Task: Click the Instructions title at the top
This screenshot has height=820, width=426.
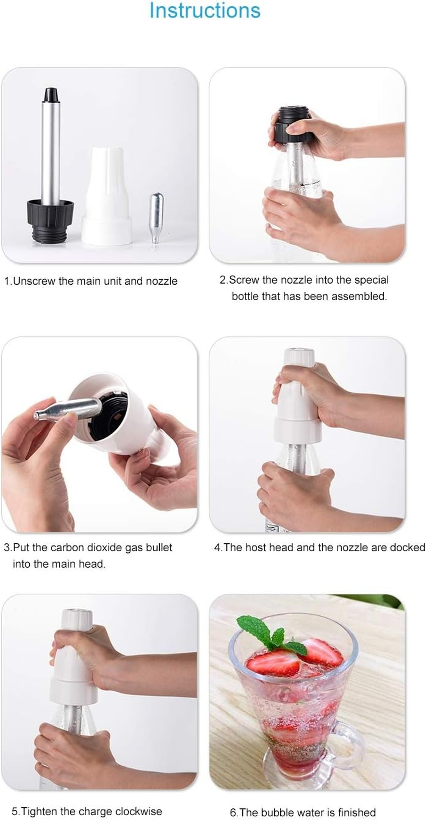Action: pos(204,11)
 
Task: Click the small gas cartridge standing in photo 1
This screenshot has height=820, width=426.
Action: pos(156,218)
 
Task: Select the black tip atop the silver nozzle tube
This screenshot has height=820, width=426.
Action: pos(51,95)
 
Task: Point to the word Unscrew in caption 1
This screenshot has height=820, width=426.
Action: pos(34,281)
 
